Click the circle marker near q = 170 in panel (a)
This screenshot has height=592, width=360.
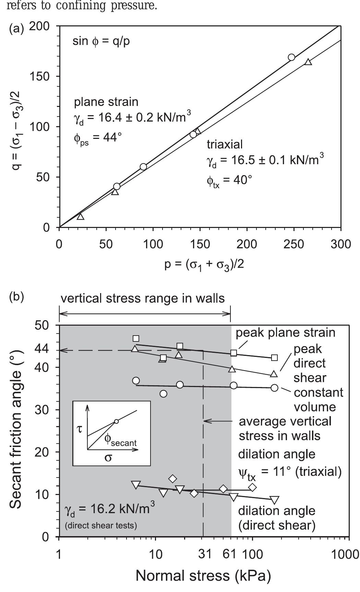click(291, 57)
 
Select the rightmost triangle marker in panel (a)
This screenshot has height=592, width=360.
click(308, 62)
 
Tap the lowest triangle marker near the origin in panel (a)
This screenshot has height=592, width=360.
click(80, 216)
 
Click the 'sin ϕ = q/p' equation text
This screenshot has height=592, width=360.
click(101, 42)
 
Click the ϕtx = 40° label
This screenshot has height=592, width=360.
click(229, 180)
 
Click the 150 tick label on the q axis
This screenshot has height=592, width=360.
click(40, 76)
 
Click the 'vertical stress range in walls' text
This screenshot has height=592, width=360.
click(143, 298)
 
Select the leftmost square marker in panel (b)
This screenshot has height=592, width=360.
click(136, 339)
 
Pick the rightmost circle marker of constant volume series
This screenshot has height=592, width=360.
click(274, 388)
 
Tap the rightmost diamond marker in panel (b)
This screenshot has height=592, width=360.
click(252, 487)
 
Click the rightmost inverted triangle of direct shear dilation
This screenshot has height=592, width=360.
click(274, 500)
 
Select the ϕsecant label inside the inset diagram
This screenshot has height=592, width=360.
click(120, 440)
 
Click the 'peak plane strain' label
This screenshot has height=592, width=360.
click(285, 332)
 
